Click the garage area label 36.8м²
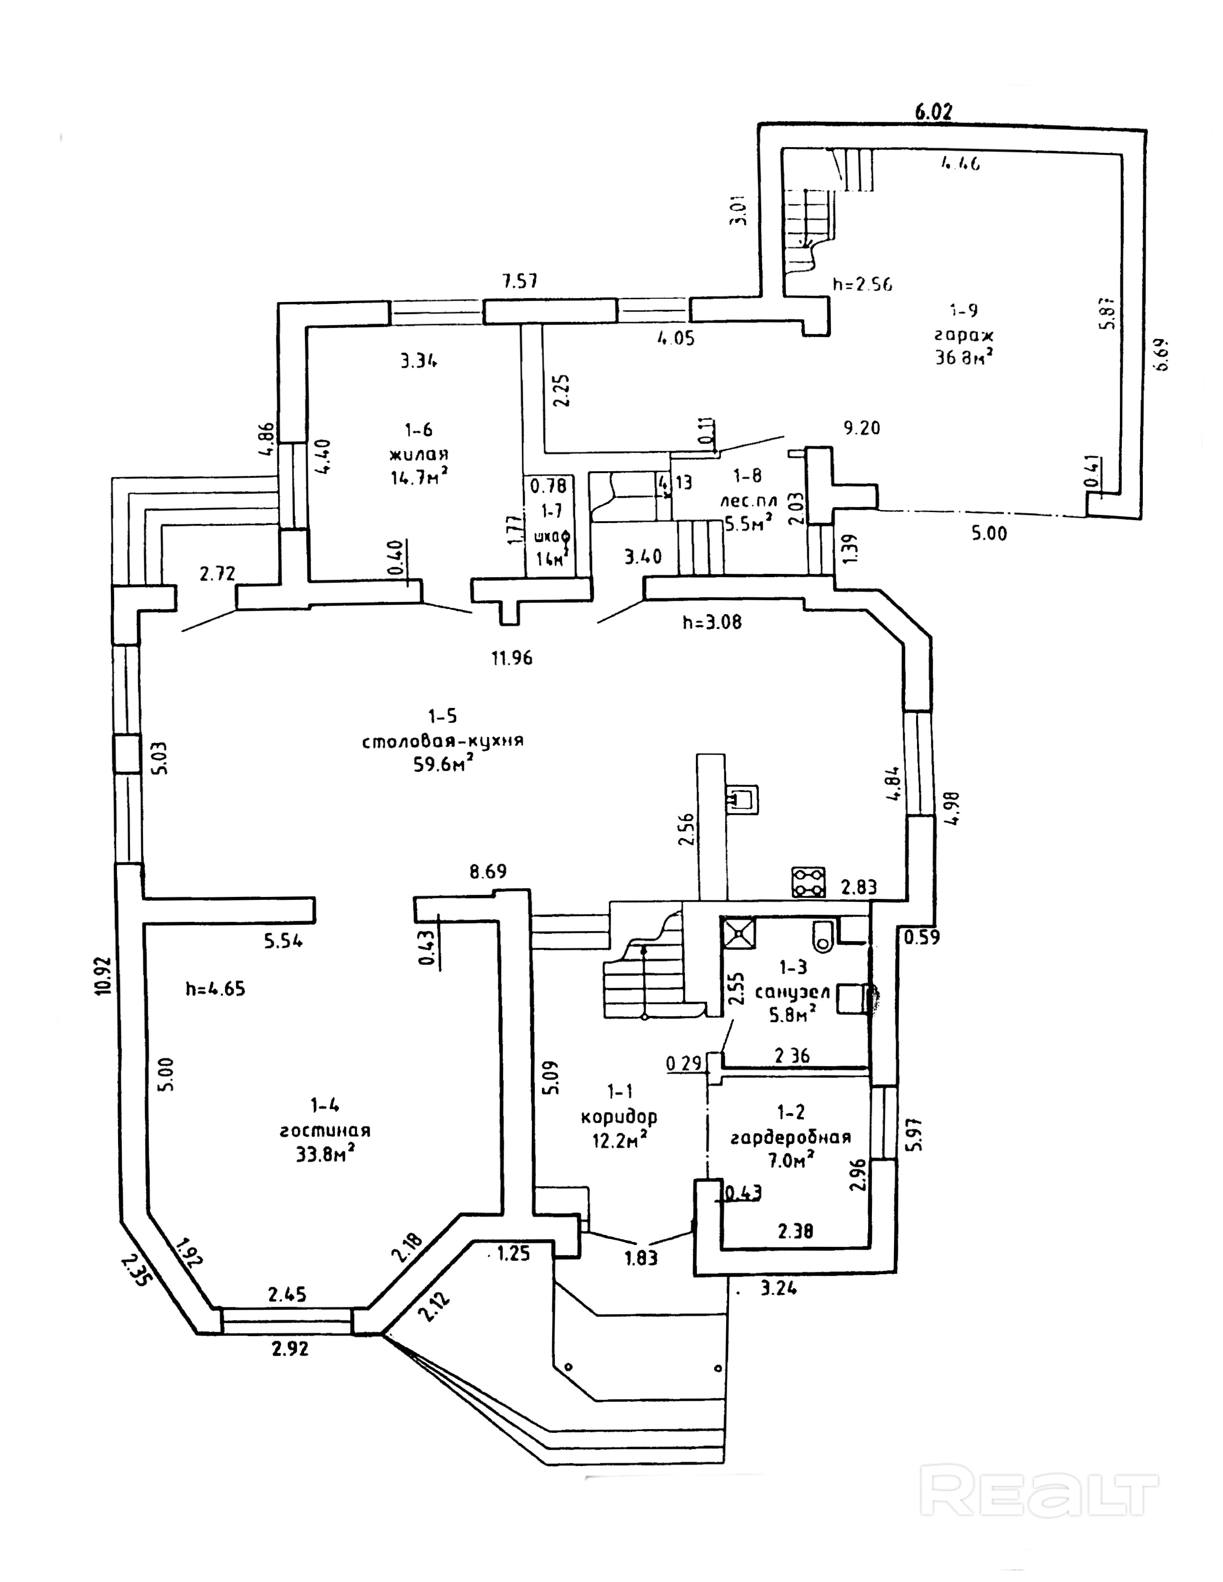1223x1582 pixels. point(964,357)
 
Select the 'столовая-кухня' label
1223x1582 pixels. point(443,741)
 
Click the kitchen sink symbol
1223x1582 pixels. point(742,798)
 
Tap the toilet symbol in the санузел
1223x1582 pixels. point(824,936)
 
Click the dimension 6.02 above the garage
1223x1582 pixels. point(934,112)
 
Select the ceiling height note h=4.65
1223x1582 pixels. point(215,989)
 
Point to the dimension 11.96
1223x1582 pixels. point(512,658)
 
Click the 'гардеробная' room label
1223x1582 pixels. point(790,1137)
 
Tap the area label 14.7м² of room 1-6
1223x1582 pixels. point(418,478)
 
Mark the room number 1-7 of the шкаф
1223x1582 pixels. point(552,511)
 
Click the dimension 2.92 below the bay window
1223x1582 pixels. point(290,1348)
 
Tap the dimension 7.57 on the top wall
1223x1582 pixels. point(520,281)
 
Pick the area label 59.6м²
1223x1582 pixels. point(444,765)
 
